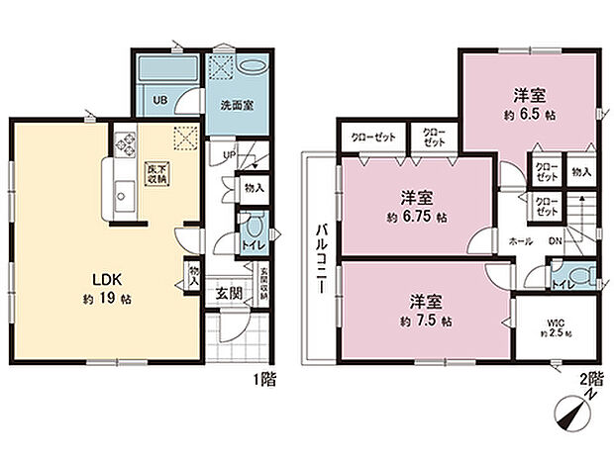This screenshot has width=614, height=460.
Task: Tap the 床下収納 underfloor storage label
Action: [x=156, y=174]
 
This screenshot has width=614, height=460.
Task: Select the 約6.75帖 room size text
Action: [x=415, y=215]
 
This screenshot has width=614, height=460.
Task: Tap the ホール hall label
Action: [x=520, y=240]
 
